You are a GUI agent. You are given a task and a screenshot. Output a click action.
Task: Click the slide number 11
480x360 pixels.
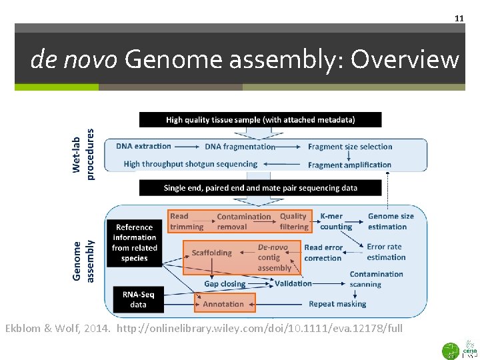tap(459, 18)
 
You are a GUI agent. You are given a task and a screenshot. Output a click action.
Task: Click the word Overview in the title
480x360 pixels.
tap(405, 60)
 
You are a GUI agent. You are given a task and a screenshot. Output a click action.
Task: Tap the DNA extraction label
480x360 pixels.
tap(143, 147)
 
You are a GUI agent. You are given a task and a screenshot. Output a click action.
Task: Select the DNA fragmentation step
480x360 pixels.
tap(240, 147)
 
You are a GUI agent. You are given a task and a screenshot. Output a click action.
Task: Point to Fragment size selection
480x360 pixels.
tap(350, 147)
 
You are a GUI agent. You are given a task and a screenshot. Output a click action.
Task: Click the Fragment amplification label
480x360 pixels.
tap(349, 165)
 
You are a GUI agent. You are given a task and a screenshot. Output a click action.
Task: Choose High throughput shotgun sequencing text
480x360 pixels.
tap(190, 164)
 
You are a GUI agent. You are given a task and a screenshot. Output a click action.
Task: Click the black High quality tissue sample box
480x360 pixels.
tap(260, 120)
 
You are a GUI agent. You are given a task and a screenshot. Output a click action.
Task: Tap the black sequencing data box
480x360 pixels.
tap(260, 188)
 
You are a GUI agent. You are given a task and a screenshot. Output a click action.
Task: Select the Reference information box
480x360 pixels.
tap(135, 243)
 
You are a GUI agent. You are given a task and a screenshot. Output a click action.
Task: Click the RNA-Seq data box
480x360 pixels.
tap(138, 299)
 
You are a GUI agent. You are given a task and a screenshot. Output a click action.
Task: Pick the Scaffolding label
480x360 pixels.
tap(212, 253)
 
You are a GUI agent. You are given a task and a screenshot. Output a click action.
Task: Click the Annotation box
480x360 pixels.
tap(224, 304)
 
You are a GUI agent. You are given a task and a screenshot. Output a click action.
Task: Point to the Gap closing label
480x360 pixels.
tap(225, 284)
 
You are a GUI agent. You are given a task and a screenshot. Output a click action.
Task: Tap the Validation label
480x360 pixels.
tap(293, 283)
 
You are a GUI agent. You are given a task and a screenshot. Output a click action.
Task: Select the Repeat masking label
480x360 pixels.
tap(337, 304)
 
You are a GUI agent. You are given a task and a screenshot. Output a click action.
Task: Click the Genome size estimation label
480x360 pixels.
tap(391, 221)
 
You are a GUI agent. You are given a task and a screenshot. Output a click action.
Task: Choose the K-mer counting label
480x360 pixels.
tap(335, 221)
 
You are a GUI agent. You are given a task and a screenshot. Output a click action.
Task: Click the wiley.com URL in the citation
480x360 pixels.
tap(259, 329)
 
